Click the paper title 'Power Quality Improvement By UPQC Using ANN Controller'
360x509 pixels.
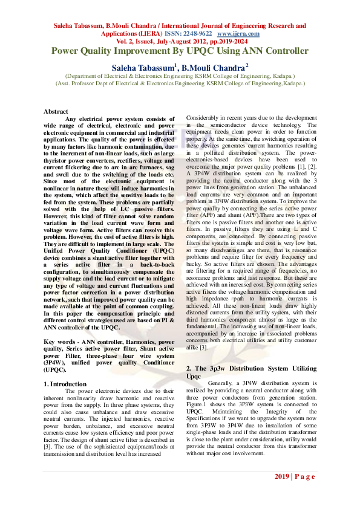180,51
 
